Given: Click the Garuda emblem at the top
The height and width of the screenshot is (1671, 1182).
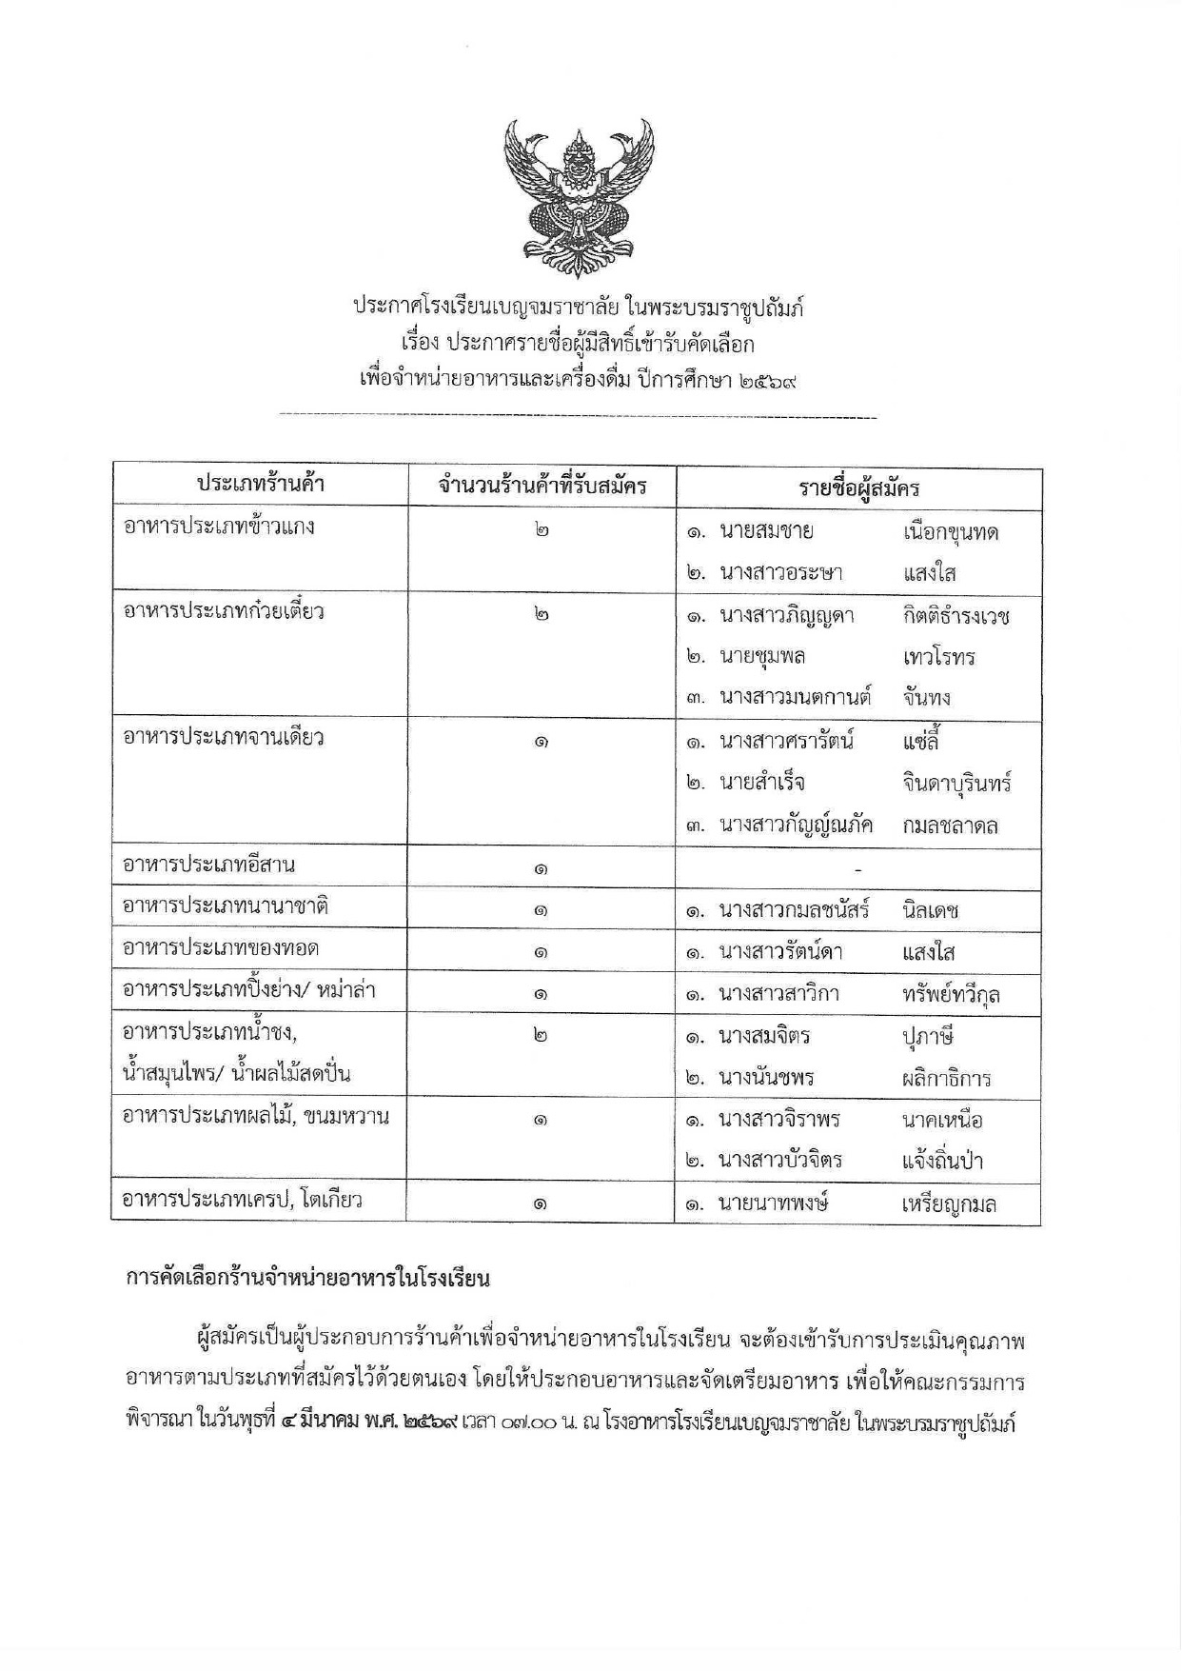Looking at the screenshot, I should point(580,190).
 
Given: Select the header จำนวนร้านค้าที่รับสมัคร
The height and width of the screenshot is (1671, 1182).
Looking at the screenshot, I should point(542,487).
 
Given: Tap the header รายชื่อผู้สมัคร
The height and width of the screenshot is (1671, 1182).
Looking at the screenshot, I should point(858,489).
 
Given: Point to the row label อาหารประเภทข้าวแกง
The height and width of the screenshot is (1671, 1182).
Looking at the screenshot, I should point(219,527).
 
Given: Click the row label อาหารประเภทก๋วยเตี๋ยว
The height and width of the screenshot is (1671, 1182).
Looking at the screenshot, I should point(224,611).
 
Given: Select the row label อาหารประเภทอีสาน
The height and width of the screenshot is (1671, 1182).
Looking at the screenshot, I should point(208,865).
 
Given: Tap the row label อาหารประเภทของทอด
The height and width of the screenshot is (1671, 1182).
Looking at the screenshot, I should point(221,948).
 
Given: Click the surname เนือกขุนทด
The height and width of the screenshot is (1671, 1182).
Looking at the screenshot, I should point(951,532).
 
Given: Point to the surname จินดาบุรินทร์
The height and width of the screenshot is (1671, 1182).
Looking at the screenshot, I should point(956,784).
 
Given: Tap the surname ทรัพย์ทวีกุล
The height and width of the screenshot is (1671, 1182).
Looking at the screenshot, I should point(951,995).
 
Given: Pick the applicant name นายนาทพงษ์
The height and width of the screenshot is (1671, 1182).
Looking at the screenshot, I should point(773,1204).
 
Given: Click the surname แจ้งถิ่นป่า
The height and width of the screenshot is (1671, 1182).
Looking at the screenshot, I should point(942,1162).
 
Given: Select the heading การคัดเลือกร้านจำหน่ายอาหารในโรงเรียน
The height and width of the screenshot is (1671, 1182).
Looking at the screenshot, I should point(307,1278).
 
